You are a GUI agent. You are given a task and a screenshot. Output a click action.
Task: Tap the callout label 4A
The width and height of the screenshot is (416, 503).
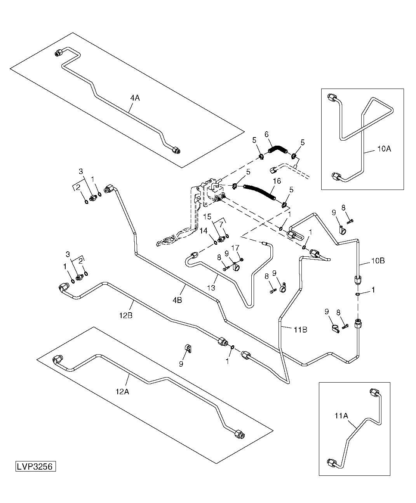pos(135,98)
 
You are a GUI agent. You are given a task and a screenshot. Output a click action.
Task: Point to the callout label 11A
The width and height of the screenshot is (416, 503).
pos(341,416)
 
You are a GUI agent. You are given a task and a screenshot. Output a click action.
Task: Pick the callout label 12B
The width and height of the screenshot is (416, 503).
pos(126,315)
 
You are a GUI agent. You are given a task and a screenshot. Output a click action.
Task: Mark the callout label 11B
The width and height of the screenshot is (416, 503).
pos(300,330)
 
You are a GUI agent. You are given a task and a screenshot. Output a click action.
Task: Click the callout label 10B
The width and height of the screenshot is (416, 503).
pos(378,261)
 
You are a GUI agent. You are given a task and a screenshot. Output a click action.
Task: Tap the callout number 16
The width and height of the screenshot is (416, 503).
pos(277,181)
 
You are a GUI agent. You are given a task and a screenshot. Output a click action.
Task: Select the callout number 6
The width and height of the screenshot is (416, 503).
pos(266,134)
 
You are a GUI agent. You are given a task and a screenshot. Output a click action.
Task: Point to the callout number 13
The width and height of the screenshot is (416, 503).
pos(211,288)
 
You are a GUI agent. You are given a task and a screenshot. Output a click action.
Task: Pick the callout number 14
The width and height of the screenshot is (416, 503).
pos(203,231)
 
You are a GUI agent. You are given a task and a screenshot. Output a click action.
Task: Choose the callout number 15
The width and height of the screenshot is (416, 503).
pos(207,216)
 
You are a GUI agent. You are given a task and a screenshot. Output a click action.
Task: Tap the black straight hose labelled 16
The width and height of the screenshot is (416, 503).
pos(259,192)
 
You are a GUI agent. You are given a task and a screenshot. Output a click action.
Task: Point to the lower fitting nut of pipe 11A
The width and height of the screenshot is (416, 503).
pos(331,463)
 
